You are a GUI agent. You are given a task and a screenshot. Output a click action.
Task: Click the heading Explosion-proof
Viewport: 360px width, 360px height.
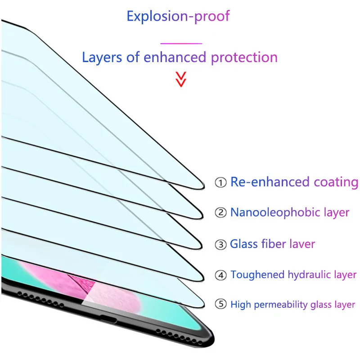pyautogui.click(x=178, y=16)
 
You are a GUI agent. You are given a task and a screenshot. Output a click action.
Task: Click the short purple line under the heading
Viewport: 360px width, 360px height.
pyautogui.click(x=181, y=43)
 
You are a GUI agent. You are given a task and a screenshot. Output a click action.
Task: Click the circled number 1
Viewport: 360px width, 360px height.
pyautogui.click(x=220, y=183)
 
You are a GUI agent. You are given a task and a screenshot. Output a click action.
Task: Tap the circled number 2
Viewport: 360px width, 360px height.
pyautogui.click(x=220, y=213)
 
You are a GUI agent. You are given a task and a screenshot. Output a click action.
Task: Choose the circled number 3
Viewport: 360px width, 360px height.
pyautogui.click(x=220, y=245)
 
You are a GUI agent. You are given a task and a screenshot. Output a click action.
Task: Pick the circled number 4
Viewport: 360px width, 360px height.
pyautogui.click(x=220, y=275)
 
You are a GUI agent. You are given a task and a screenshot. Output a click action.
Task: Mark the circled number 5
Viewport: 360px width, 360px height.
pyautogui.click(x=220, y=305)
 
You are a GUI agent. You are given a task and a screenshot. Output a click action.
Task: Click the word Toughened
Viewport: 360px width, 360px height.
pyautogui.click(x=258, y=275)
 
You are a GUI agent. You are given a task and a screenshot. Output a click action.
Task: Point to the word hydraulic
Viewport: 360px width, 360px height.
pyautogui.click(x=306, y=274)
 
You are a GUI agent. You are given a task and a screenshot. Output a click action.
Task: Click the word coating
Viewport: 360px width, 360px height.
pyautogui.click(x=336, y=182)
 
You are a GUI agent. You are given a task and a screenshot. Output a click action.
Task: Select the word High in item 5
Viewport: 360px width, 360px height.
pyautogui.click(x=241, y=305)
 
